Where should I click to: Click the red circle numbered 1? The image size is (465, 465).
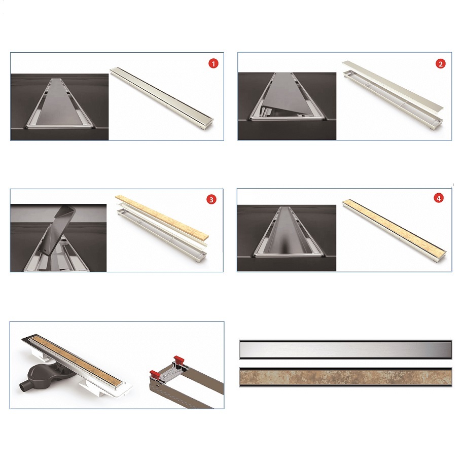pos(213,63)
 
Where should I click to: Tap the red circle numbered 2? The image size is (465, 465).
pos(440,64)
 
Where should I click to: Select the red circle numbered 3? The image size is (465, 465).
pos(211,200)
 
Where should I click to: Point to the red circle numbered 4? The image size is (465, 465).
pos(439,198)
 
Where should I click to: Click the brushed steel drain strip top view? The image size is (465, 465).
pos(345,350)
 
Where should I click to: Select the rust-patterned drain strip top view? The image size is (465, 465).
pos(345,377)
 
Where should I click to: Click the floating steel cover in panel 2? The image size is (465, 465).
pos(393,85)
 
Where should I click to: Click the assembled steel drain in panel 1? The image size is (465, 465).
pos(162,98)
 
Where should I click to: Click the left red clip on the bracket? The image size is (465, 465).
pos(155,374)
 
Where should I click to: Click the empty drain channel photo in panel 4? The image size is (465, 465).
pos(287,238)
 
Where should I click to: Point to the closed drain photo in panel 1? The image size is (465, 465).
pos(60,107)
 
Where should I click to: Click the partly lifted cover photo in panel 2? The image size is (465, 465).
pos(287,106)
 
